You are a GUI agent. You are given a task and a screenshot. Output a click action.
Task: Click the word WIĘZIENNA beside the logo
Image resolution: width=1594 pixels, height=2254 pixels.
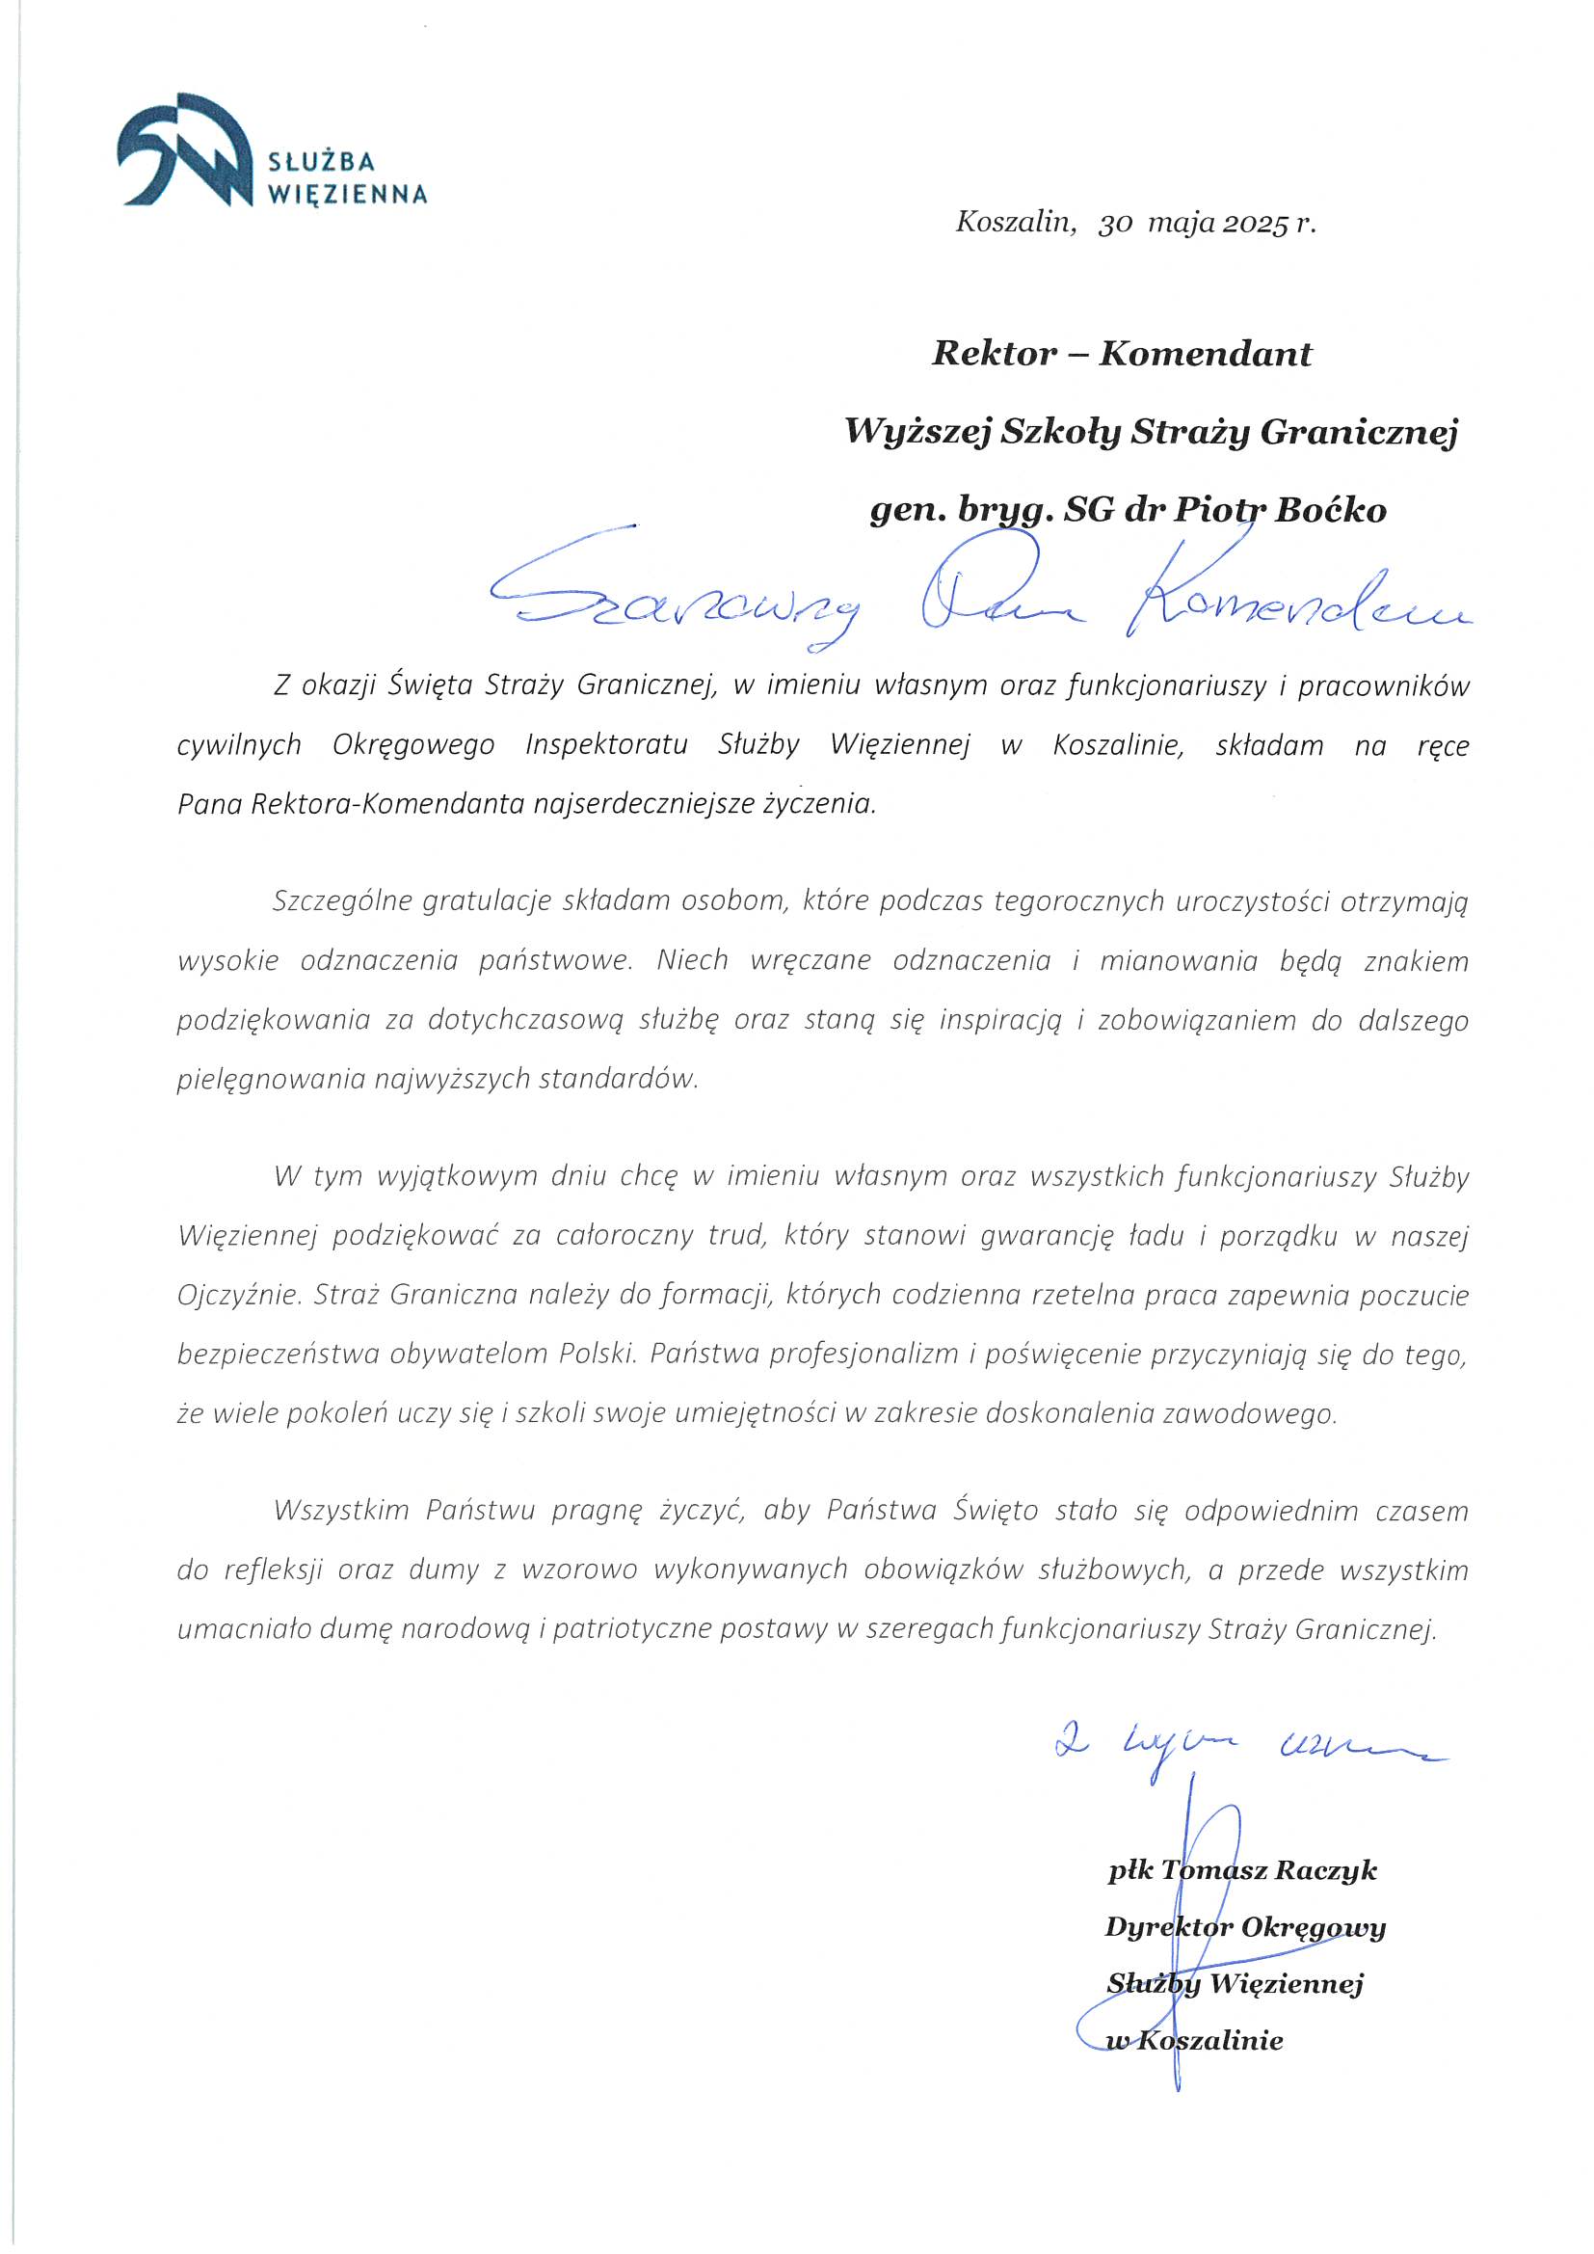click(x=348, y=194)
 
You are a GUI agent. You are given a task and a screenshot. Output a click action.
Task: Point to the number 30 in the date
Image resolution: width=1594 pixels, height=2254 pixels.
click(x=1116, y=225)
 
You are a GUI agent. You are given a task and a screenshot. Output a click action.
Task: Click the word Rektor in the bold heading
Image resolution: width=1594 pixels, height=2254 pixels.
click(x=994, y=354)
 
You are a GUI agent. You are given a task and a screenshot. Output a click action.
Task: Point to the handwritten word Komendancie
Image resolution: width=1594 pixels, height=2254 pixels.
click(x=1295, y=608)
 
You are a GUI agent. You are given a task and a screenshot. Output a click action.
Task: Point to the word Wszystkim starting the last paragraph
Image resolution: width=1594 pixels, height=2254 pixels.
click(x=340, y=1510)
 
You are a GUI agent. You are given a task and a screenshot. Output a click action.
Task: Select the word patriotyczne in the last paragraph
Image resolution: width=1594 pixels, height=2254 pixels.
click(x=633, y=1629)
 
